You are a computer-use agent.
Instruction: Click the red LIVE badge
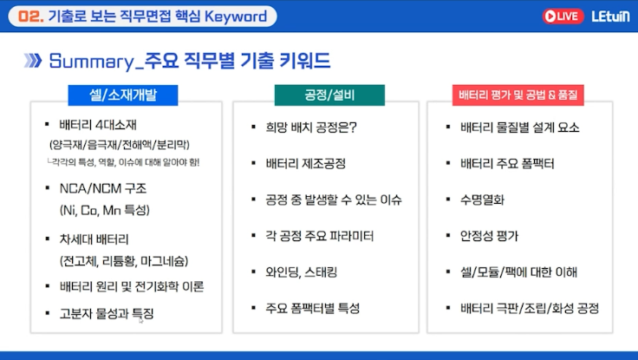tap(563, 16)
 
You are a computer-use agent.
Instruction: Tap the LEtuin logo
tap(610, 16)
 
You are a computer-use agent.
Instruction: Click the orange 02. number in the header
tap(31, 16)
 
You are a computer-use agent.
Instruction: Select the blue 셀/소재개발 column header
tap(123, 95)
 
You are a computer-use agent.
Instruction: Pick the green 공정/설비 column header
tap(329, 95)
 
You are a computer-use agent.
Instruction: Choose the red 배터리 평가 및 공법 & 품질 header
tap(518, 95)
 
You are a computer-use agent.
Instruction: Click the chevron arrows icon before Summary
tap(33, 60)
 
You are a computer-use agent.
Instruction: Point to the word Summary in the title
tap(91, 62)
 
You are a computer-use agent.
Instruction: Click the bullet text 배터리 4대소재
tap(98, 124)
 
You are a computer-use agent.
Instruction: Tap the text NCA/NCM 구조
tap(103, 188)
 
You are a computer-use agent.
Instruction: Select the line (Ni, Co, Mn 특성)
tap(105, 210)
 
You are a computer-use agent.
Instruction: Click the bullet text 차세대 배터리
tap(94, 239)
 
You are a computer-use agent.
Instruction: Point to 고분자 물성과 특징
tap(107, 313)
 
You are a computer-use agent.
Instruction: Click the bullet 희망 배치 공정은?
tap(311, 127)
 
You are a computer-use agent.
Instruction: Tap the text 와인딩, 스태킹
tap(302, 272)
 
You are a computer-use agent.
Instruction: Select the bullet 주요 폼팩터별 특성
tap(312, 308)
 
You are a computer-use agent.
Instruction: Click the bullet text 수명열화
tap(482, 200)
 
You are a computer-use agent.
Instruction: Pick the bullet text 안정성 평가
tap(489, 236)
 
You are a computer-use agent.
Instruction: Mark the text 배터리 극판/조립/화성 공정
tap(530, 308)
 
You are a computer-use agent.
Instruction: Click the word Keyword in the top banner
tap(236, 16)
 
